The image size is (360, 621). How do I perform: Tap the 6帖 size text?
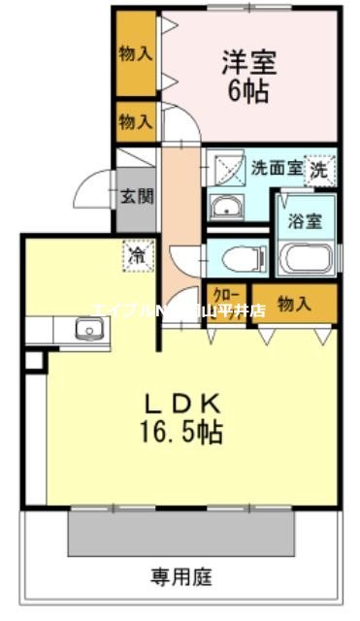click(x=249, y=93)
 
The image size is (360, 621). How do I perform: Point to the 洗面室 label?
click(x=276, y=167)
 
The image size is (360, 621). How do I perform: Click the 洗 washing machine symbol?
click(x=319, y=170)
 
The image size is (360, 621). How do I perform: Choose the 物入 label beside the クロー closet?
click(x=294, y=304)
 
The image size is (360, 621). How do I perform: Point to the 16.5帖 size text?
click(x=182, y=432)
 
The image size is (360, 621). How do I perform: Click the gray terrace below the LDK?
click(x=180, y=532)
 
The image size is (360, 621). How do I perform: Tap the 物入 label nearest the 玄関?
click(x=136, y=122)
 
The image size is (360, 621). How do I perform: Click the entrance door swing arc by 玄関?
click(x=98, y=189)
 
